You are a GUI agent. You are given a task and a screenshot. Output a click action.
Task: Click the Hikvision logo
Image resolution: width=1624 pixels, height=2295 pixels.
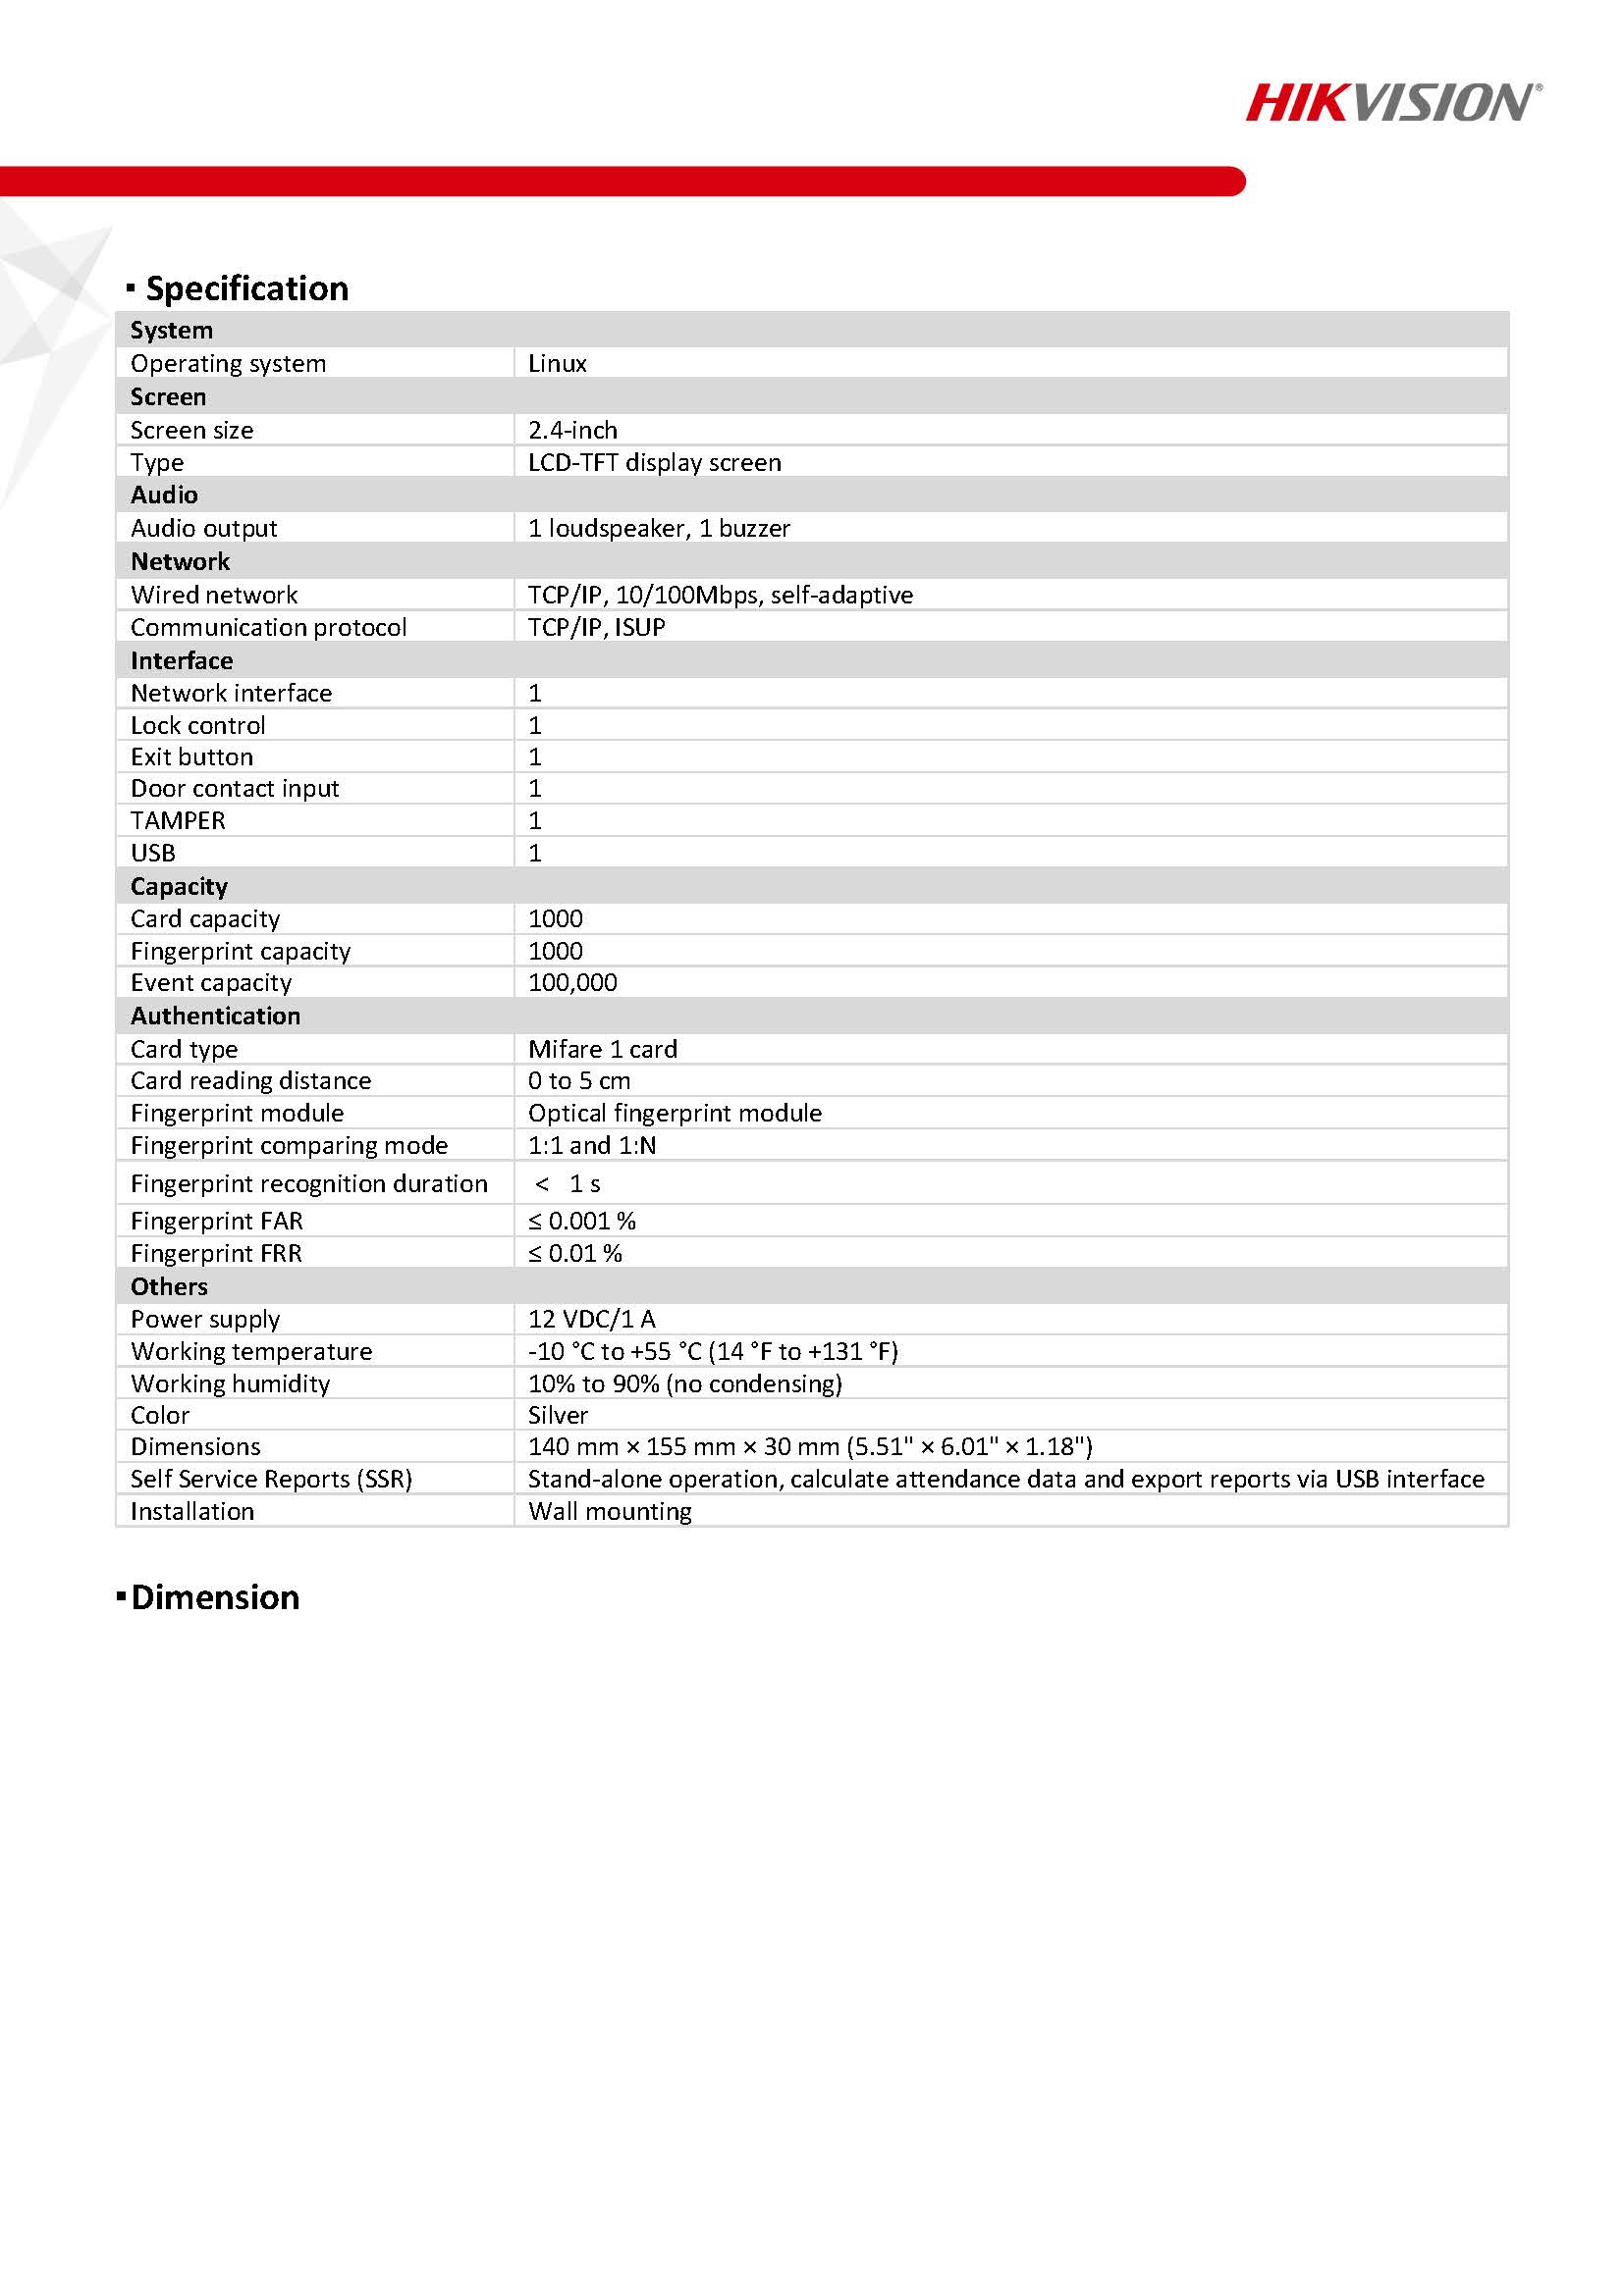tap(1392, 103)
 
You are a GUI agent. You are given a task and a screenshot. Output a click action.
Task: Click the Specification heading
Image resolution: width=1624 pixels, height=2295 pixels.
tap(246, 288)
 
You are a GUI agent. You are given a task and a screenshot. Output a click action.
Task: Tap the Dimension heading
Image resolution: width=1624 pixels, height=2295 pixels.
tap(214, 1597)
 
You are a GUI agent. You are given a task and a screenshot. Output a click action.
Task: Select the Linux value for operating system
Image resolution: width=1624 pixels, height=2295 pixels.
tap(557, 363)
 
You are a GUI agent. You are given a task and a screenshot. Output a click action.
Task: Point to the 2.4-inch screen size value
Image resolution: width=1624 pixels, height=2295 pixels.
tap(572, 430)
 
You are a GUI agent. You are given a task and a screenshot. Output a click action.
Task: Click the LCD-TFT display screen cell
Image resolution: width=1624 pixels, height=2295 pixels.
tap(654, 463)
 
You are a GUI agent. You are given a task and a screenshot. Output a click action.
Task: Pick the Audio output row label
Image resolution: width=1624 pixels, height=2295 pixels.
tap(204, 528)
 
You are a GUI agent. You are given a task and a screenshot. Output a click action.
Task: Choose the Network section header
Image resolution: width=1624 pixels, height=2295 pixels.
tap(180, 562)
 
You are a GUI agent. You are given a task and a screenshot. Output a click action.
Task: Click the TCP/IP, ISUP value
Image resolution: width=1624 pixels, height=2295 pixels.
tap(596, 627)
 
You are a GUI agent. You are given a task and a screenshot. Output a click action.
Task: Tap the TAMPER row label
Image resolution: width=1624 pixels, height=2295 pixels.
tap(178, 820)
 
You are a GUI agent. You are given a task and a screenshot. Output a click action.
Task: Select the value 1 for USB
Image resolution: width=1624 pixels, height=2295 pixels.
tap(535, 853)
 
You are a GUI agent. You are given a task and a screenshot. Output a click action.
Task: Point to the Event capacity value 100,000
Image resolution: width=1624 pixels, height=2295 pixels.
tap(572, 982)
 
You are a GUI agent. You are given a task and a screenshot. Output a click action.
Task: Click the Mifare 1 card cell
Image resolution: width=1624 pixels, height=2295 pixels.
tap(602, 1049)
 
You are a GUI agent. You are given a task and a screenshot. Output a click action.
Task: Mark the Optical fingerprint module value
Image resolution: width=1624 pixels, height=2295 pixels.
tap(675, 1113)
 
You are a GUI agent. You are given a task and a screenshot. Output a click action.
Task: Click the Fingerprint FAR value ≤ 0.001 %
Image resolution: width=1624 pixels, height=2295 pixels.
tap(582, 1221)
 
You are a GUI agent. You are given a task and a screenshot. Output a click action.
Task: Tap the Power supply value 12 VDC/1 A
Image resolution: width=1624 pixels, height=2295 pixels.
tap(591, 1319)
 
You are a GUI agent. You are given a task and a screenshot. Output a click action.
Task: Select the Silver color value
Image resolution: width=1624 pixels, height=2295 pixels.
tap(558, 1415)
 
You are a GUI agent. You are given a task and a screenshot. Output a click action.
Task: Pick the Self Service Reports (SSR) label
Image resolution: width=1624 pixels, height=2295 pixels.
tap(271, 1479)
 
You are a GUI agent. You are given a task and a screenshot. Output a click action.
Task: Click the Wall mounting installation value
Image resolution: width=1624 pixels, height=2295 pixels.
tap(610, 1511)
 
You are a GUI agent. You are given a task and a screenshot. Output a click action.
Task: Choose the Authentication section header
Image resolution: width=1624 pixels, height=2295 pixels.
tap(215, 1016)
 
